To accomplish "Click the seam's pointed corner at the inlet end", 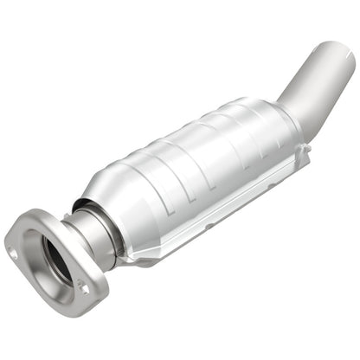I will [x=130, y=260].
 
